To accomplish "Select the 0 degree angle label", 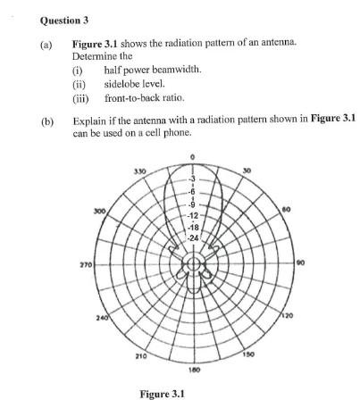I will tap(192, 156).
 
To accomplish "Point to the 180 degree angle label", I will tap(193, 368).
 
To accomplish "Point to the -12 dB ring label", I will tap(193, 216).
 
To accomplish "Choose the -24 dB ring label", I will tap(193, 237).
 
